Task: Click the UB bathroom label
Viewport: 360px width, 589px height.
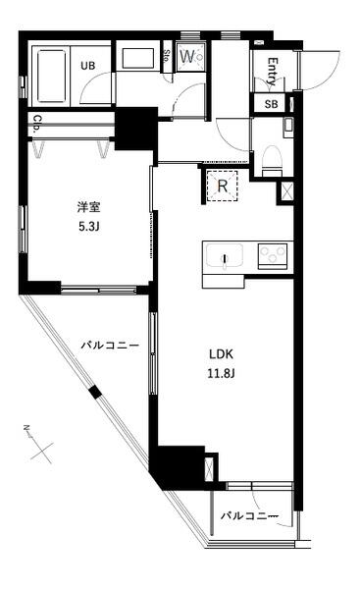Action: (x=87, y=65)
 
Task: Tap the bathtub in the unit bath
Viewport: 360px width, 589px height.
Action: (x=50, y=75)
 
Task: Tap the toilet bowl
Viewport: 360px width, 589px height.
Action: (x=271, y=157)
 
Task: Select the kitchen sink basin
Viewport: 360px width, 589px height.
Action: (x=227, y=259)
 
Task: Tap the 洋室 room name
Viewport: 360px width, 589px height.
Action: (x=89, y=208)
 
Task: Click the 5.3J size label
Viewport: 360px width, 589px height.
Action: (x=89, y=225)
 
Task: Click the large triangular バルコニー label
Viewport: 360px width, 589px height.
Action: (x=108, y=346)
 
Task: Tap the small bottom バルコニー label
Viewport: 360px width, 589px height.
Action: (x=249, y=515)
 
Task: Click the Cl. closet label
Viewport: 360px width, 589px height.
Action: (x=36, y=125)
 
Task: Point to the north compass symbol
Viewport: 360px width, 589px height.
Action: (x=39, y=444)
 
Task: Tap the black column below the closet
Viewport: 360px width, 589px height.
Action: (x=134, y=127)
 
